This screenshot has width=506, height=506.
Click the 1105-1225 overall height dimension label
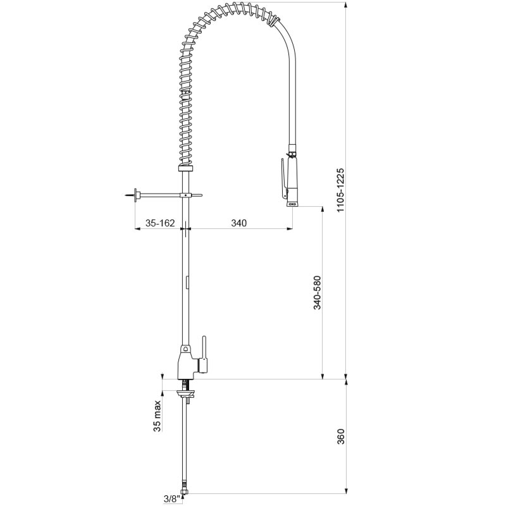pos(341,190)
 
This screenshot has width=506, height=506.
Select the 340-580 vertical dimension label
pos(318,292)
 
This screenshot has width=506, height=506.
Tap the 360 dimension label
pos(341,436)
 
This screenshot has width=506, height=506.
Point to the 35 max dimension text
pos(157,416)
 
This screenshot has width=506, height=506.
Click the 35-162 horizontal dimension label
pos(160,223)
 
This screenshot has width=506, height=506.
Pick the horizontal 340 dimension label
pos(239,223)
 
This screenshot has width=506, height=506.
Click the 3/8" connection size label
pos(171,498)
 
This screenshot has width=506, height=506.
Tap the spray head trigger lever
pos(283,178)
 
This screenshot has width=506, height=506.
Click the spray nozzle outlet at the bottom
pos(293,204)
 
